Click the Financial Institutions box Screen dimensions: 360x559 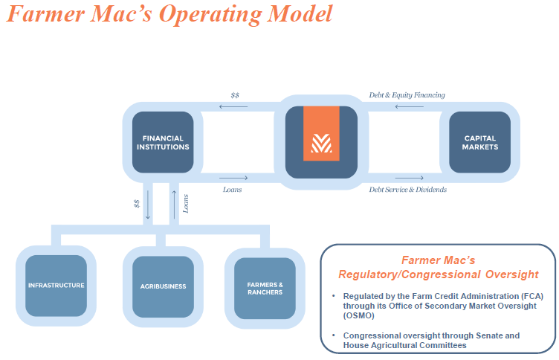(x=166, y=142)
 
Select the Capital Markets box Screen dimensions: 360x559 (x=480, y=142)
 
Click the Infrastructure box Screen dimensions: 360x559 (x=56, y=286)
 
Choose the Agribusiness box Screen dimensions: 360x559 (x=163, y=286)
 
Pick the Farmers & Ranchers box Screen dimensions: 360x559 (x=265, y=287)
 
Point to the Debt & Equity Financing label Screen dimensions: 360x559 (x=407, y=95)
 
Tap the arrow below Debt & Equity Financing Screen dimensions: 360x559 (x=408, y=106)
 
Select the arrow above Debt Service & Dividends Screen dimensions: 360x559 (x=410, y=178)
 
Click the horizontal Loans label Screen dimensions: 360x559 (x=232, y=190)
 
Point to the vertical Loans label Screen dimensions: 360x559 (x=186, y=203)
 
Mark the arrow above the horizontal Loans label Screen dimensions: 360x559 (x=233, y=178)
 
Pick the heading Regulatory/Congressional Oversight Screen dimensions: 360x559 (x=438, y=273)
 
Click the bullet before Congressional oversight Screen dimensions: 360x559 (x=334, y=335)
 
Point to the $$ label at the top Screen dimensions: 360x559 (x=235, y=95)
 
